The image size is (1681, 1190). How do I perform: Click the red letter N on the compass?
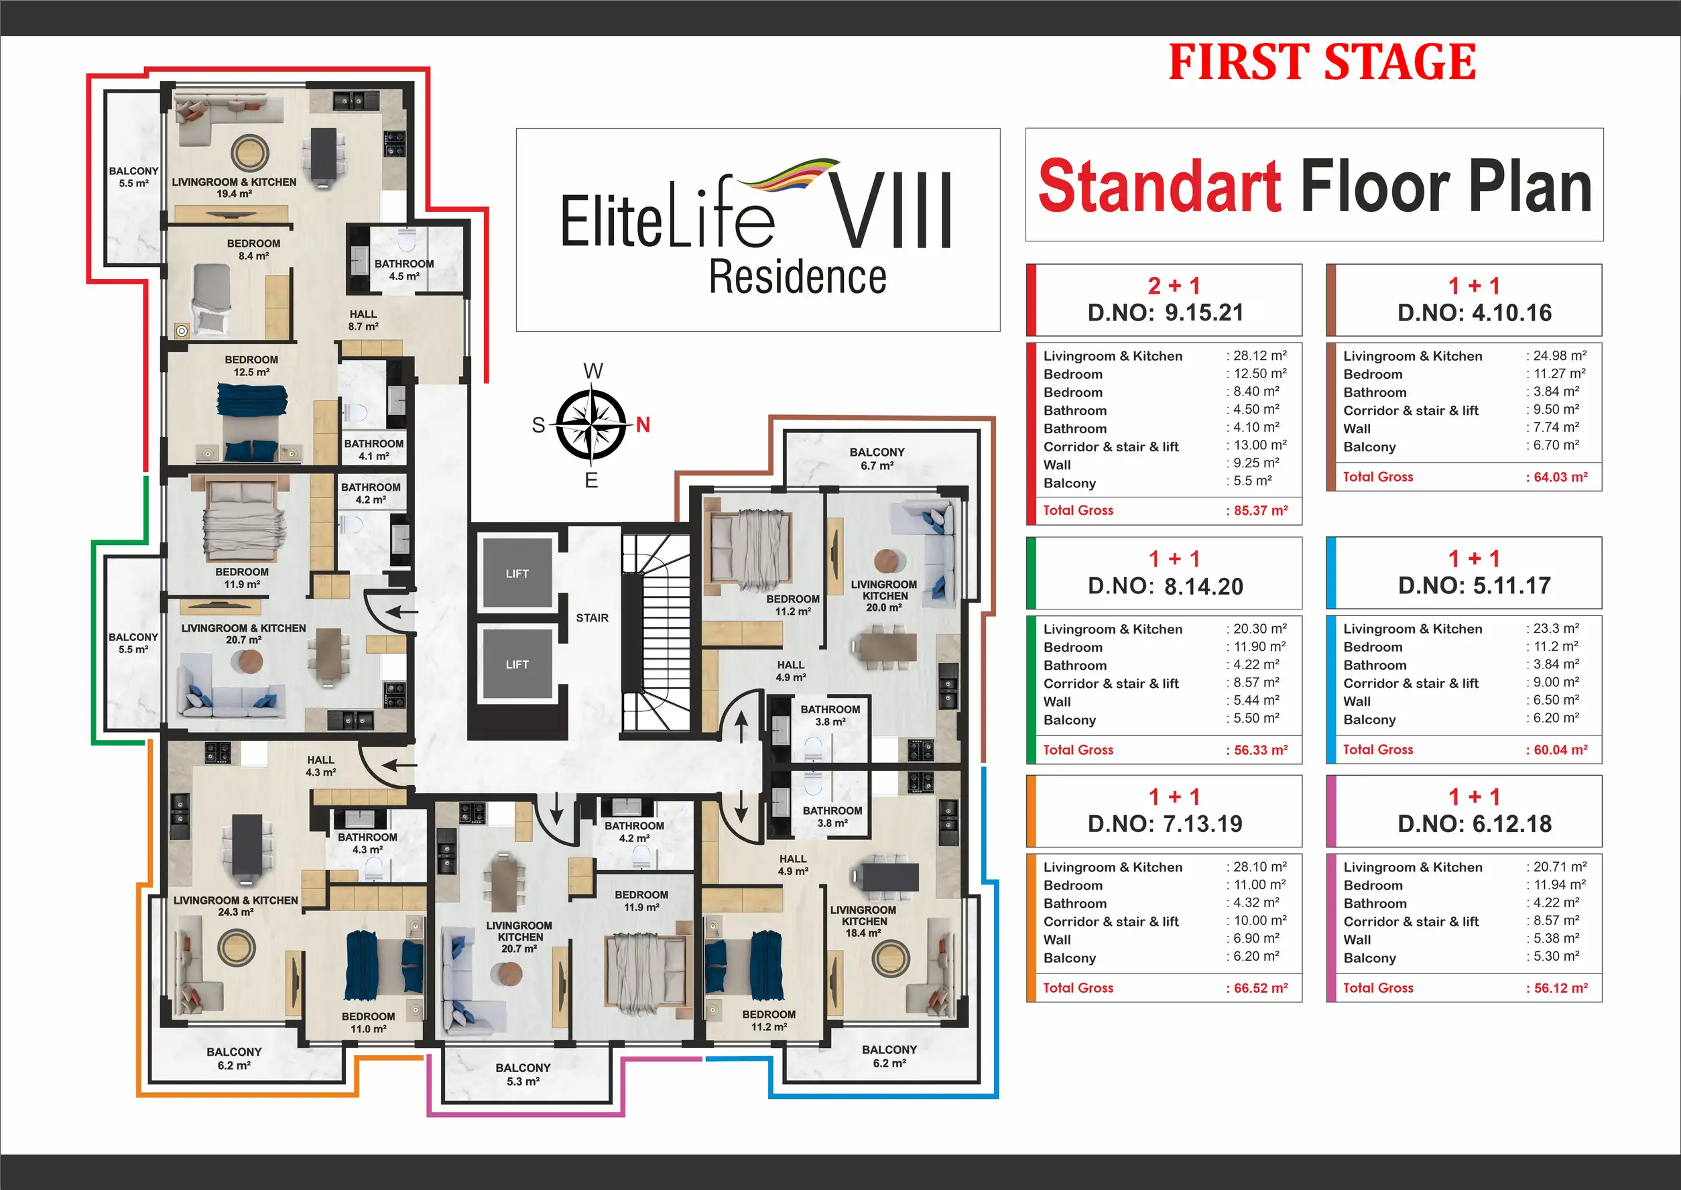[643, 424]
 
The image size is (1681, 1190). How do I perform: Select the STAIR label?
[592, 617]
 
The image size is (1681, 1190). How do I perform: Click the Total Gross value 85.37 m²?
[1257, 510]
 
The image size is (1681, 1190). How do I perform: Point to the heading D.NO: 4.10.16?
[1475, 313]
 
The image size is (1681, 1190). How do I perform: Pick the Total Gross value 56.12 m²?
[1557, 988]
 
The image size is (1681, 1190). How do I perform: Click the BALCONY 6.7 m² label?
[877, 459]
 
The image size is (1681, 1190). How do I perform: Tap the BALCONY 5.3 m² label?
[523, 1074]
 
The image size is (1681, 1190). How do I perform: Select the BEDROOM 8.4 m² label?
[253, 249]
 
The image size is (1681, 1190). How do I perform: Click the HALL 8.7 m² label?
[363, 320]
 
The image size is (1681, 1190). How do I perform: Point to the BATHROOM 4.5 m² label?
[404, 270]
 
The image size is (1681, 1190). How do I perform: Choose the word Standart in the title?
[1160, 186]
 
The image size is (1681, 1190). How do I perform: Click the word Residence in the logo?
[798, 276]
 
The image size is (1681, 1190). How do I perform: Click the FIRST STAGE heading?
[1322, 62]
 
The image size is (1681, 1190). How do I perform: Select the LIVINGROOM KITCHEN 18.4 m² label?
[863, 921]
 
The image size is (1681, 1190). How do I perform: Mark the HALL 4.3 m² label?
[321, 766]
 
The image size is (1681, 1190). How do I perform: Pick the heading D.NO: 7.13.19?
[1166, 824]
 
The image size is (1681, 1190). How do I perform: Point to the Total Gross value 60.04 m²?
[1557, 750]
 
